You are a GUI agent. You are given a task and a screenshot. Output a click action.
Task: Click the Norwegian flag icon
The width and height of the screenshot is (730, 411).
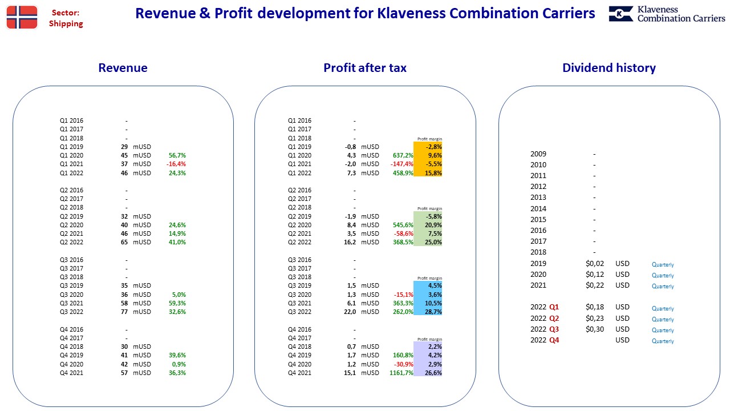point(22,17)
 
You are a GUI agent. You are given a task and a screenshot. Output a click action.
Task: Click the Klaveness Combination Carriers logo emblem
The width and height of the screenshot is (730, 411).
point(621,14)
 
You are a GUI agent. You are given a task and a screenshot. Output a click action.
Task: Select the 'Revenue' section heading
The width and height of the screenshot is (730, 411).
point(123,68)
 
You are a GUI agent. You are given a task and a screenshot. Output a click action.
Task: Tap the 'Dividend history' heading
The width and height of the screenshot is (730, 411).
point(609,68)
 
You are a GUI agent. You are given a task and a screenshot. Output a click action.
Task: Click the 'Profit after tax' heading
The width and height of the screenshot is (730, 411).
point(365,68)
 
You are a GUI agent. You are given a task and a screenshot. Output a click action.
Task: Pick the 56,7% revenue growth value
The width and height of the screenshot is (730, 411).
point(177,155)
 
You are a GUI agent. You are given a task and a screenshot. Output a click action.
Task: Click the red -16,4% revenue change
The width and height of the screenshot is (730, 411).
point(176,164)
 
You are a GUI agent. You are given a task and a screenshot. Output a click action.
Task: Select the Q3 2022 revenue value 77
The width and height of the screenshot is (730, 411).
point(124,312)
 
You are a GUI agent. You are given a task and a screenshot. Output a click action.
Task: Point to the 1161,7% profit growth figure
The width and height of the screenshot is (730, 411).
point(401,373)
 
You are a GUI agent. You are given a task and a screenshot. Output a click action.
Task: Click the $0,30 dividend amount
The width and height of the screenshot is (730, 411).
point(595,329)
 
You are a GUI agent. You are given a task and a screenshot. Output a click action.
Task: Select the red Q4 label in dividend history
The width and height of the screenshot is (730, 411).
point(554,340)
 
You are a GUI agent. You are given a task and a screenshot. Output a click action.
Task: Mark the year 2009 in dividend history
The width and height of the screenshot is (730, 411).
point(538,154)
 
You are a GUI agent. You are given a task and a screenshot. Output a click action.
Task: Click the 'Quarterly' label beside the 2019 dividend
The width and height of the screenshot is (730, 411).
point(663,264)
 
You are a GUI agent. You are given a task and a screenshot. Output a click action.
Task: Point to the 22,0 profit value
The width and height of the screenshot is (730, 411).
point(350,312)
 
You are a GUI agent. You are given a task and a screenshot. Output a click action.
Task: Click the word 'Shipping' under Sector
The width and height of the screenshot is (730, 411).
point(66,24)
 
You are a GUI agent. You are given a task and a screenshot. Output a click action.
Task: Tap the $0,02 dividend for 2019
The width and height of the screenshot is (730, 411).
point(595,264)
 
